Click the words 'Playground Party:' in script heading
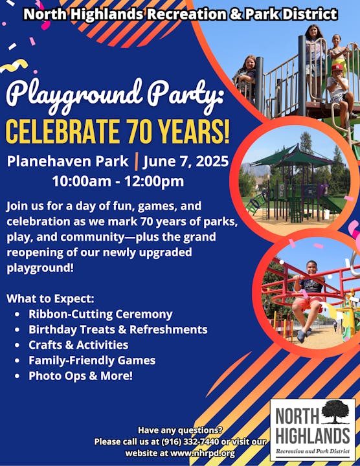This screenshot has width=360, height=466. coord(115,95)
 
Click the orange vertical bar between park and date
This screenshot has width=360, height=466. coord(137,161)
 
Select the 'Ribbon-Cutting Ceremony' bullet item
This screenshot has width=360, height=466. coord(100,314)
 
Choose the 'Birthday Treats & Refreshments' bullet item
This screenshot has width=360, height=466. coord(118,329)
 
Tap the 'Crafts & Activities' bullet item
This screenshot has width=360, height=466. coord(78,345)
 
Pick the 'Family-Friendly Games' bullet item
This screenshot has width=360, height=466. coord(92,361)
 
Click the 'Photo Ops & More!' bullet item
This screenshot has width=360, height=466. coord(80,376)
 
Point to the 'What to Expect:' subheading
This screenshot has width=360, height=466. coord(51,298)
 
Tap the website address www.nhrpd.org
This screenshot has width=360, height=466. coord(202,453)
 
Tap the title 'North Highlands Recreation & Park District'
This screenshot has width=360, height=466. coord(180,14)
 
